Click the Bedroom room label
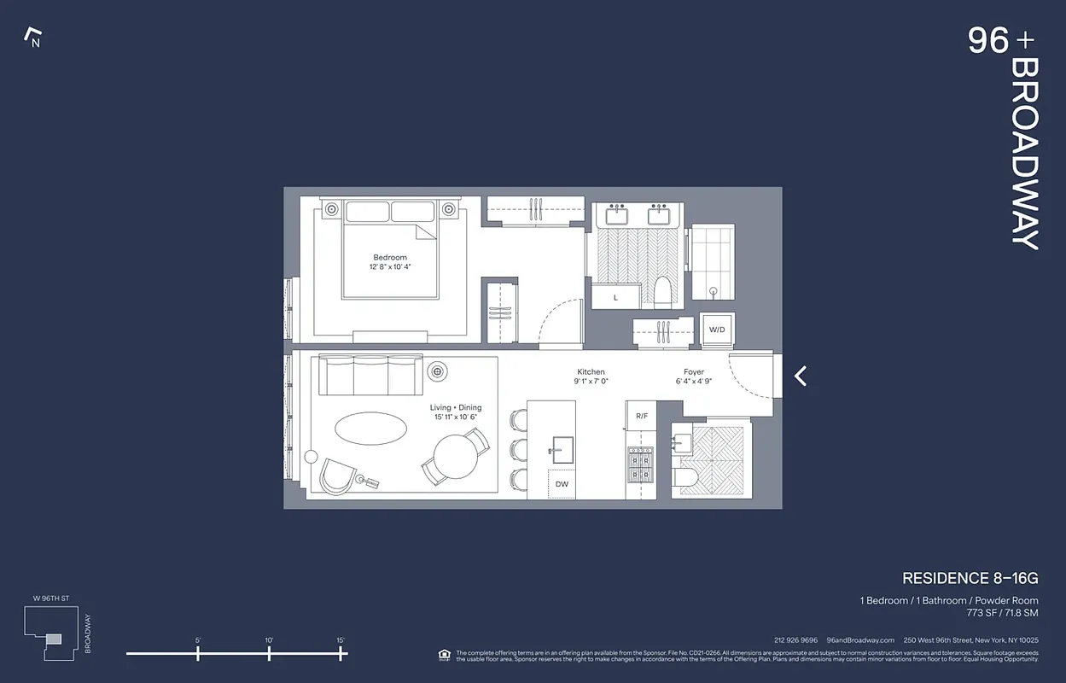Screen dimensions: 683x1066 point(390,257)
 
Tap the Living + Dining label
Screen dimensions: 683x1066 point(456,408)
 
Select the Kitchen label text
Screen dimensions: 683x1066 point(591,372)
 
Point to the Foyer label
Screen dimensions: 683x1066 point(694,372)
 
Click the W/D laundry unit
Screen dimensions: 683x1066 point(717,330)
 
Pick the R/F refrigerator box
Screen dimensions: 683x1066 point(641,416)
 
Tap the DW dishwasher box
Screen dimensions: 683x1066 point(562,484)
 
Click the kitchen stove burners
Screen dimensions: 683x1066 point(640,465)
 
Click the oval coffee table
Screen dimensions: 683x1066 point(370,428)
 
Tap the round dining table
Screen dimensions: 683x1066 point(456,457)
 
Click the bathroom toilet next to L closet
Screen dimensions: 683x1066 point(662,291)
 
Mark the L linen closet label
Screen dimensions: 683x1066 point(616,297)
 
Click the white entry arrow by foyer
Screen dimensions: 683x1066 point(801,376)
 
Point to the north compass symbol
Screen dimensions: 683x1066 point(33,37)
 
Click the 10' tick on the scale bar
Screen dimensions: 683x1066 point(269,653)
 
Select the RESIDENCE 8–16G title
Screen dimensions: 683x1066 point(970,579)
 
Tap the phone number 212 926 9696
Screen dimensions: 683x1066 point(795,640)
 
